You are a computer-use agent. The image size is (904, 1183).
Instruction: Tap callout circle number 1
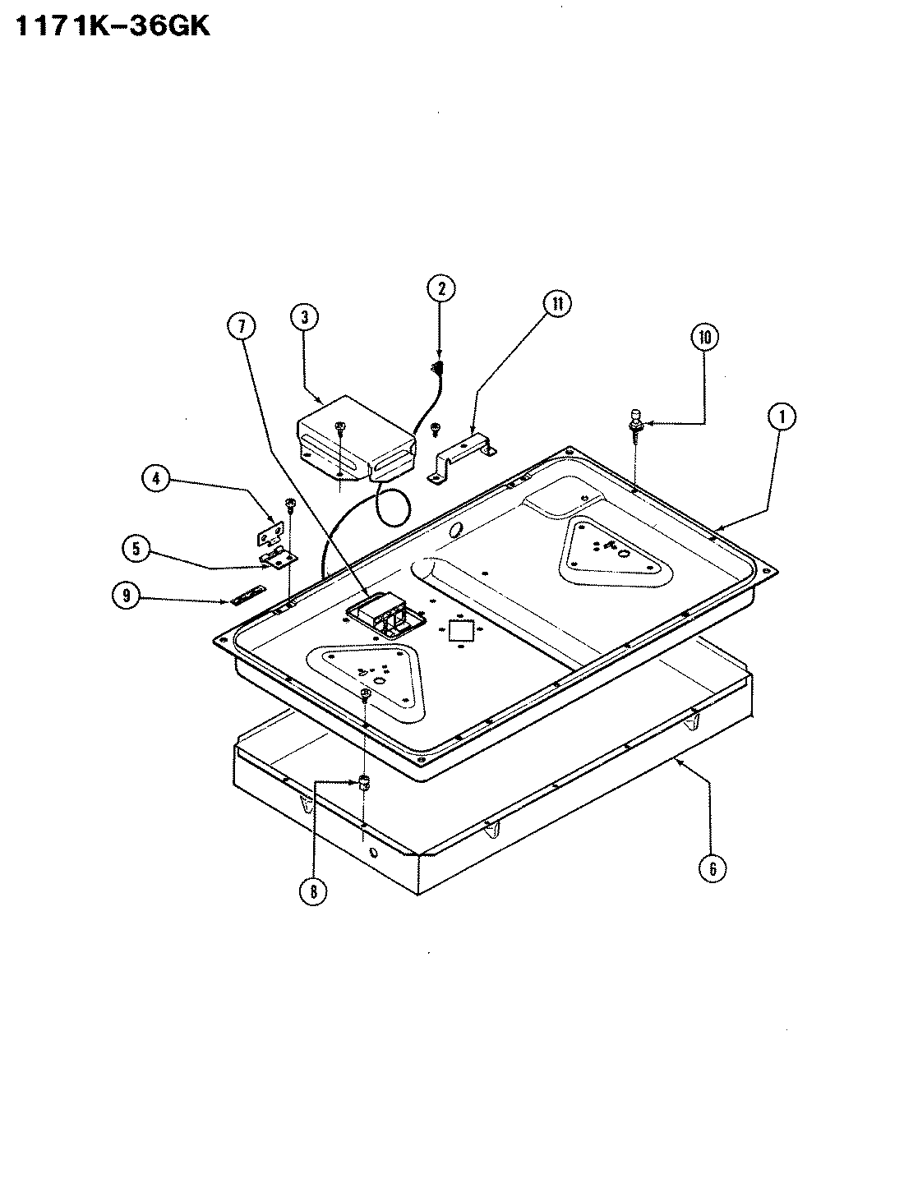point(782,417)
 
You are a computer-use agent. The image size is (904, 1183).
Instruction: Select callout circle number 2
point(440,288)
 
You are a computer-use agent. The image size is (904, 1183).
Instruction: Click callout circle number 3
point(304,317)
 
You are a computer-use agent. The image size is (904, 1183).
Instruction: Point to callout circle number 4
point(156,478)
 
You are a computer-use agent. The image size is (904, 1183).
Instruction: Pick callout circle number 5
point(136,547)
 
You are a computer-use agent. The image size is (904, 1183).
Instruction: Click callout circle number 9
point(126,597)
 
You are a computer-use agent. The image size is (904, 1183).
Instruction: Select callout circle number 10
point(705,337)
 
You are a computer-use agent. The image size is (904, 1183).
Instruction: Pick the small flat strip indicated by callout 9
point(247,593)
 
